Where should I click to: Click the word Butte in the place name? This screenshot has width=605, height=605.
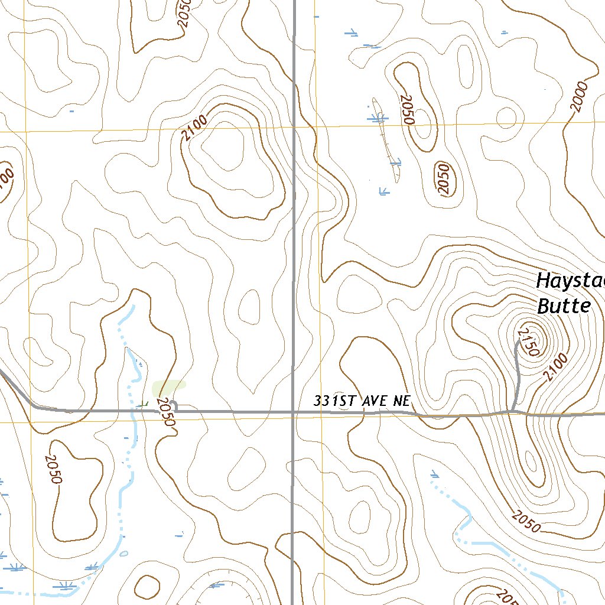coord(564,306)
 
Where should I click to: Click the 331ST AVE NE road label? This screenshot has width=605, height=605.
coord(362,401)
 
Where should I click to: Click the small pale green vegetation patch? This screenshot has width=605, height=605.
coord(168,388)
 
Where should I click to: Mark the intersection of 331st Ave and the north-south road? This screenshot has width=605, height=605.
coord(294,412)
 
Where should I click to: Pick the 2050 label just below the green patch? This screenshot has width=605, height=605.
coord(167,412)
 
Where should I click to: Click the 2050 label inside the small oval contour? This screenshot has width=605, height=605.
coord(444,179)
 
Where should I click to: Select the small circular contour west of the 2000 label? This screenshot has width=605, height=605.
coord(506,118)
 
